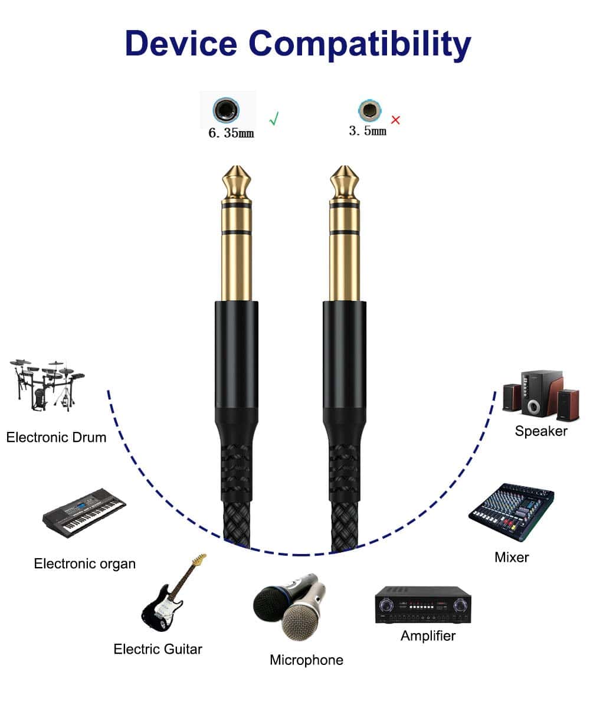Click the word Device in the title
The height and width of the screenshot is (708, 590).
(181, 43)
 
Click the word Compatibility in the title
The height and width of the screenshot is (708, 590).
(360, 45)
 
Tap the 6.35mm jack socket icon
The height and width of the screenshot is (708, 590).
(226, 110)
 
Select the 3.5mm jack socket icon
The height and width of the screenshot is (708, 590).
(369, 110)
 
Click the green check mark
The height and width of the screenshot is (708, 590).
(274, 119)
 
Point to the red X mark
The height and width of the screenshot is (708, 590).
(395, 120)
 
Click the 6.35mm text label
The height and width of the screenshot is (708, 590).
(231, 133)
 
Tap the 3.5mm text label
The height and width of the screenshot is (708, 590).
(367, 131)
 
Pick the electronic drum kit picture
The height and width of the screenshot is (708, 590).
(47, 385)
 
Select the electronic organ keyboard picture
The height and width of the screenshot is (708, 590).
(84, 512)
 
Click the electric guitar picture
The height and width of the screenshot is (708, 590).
(173, 593)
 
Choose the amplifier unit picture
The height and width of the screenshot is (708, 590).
(423, 604)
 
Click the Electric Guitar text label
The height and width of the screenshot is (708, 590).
(158, 650)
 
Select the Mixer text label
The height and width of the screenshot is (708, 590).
(512, 558)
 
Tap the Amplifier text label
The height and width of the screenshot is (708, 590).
(428, 636)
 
